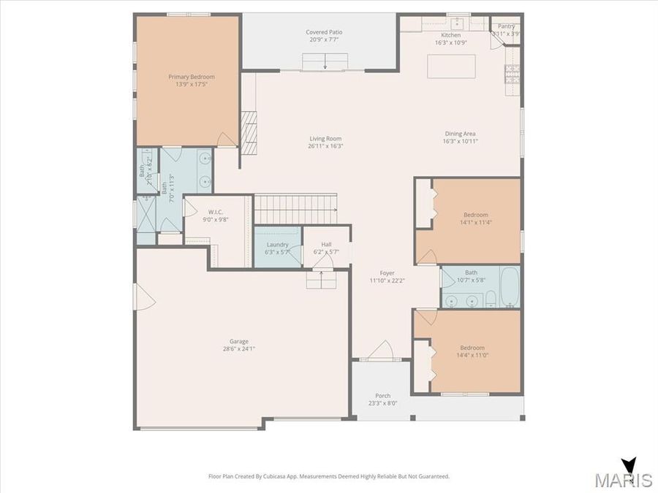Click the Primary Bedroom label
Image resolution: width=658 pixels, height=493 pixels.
(x=192, y=77)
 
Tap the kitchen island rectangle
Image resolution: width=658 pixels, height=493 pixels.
(x=451, y=66)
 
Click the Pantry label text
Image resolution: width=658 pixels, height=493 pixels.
(x=507, y=26)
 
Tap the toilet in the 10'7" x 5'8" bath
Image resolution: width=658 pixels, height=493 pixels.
(x=491, y=297)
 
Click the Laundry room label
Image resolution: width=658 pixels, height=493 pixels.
(x=277, y=245)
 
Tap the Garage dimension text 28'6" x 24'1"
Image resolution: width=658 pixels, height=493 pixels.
(x=239, y=349)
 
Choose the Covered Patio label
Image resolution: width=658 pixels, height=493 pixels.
(x=324, y=32)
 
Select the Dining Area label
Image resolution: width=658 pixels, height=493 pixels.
(x=460, y=134)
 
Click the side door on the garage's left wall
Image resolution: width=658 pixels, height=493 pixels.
(x=141, y=296)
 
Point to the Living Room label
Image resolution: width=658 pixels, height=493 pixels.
(x=325, y=139)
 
